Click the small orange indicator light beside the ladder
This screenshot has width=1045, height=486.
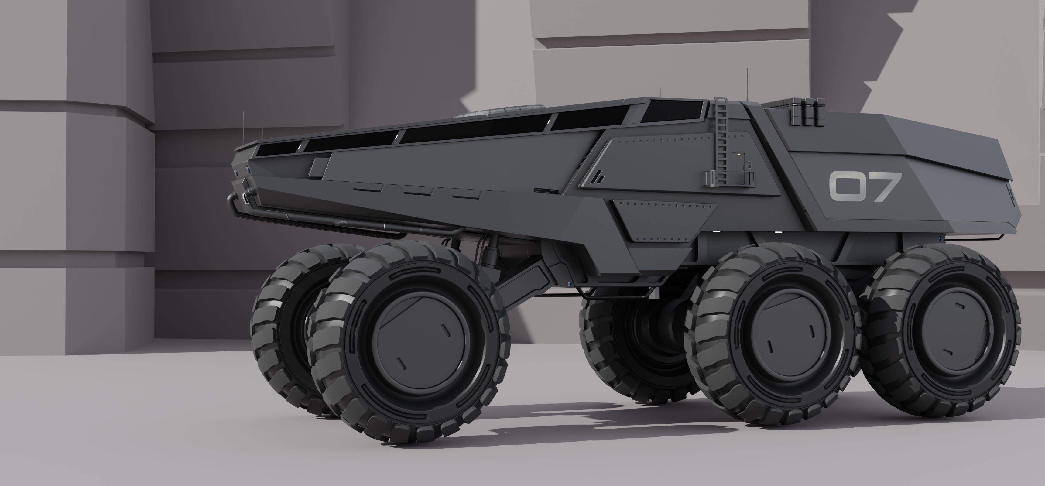click(739, 154)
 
